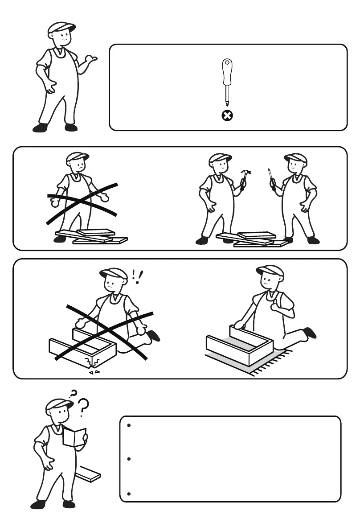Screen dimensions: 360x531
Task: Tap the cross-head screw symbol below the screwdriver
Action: click(227, 116)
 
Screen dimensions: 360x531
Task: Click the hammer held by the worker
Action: click(245, 177)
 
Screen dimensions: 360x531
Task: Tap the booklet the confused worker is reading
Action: click(74, 436)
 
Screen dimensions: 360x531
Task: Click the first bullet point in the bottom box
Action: click(128, 426)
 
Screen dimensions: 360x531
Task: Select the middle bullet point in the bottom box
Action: click(128, 459)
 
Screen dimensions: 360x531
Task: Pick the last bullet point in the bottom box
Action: click(128, 494)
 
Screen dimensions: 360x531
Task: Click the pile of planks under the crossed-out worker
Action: click(92, 236)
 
